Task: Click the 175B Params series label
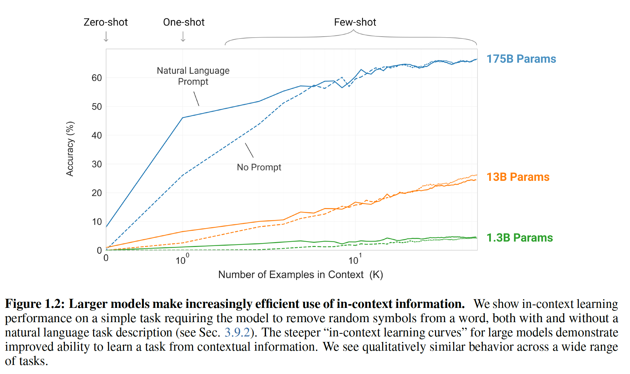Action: pyautogui.click(x=521, y=59)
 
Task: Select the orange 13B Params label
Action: pyautogui.click(x=518, y=177)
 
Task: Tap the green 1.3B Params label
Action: pyautogui.click(x=519, y=238)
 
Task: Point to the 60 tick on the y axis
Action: pyautogui.click(x=97, y=78)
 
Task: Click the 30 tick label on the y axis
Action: pyautogui.click(x=97, y=164)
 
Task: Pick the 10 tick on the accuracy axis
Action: pyautogui.click(x=97, y=222)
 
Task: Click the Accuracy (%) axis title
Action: pyautogui.click(x=70, y=149)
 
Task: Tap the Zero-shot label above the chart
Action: pyautogui.click(x=105, y=22)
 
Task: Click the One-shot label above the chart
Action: pyautogui.click(x=184, y=22)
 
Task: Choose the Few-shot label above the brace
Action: pyautogui.click(x=355, y=22)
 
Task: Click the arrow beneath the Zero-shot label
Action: pyautogui.click(x=106, y=37)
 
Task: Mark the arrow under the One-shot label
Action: pyautogui.click(x=183, y=37)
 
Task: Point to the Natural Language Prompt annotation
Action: pyautogui.click(x=193, y=76)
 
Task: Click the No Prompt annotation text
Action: pyautogui.click(x=259, y=167)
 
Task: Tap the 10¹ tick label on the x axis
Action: pyautogui.click(x=355, y=260)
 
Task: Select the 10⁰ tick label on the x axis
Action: pyautogui.click(x=182, y=260)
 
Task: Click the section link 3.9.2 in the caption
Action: pyautogui.click(x=237, y=333)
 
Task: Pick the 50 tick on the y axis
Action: pyautogui.click(x=97, y=107)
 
